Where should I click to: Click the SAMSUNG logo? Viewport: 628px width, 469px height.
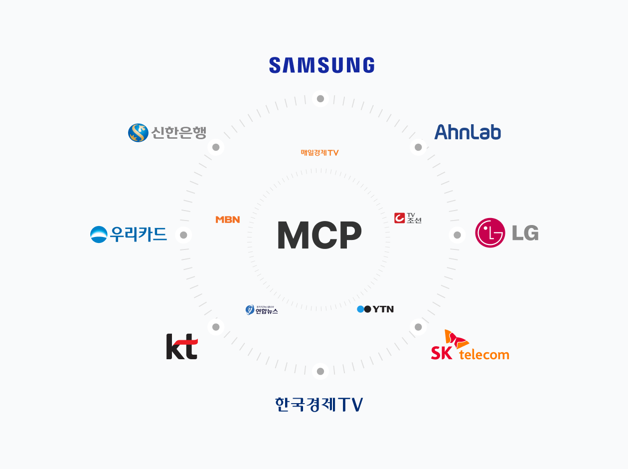coord(321,65)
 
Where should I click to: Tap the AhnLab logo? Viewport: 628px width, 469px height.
coord(468,132)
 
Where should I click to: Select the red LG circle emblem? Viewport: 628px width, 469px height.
coord(490,233)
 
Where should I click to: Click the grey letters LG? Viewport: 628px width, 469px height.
coord(525,233)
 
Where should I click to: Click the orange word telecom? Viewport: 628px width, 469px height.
coord(484,355)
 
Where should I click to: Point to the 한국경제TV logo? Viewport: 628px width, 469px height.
coord(319,404)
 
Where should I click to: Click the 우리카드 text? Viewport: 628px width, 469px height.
coord(139,234)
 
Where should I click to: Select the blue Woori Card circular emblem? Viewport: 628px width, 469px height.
coord(99,234)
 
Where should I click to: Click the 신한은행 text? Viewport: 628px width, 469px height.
coord(178,133)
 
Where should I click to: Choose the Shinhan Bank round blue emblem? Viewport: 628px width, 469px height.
coord(138,133)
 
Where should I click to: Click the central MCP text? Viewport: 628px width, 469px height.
coord(319,235)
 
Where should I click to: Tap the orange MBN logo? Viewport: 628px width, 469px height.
coord(228,220)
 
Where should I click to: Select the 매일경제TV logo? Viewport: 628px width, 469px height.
coord(319,153)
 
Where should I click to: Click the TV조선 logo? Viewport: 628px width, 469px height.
coord(408,218)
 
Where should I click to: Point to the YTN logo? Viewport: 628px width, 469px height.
coord(375,309)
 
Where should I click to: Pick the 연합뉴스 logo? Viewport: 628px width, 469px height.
coord(262,310)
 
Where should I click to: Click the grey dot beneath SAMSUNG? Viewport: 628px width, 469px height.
coord(320,99)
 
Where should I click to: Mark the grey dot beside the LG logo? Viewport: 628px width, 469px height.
coord(457,235)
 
